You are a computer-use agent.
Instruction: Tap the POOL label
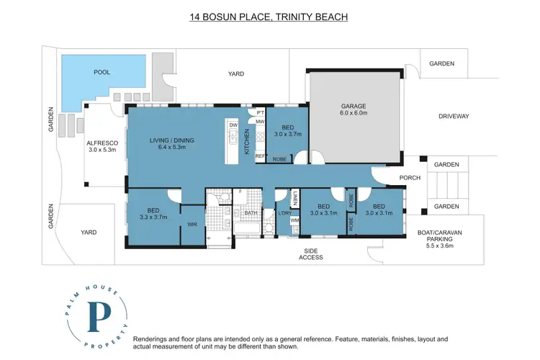[103, 73]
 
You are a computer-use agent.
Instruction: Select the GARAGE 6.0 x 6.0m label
[354, 110]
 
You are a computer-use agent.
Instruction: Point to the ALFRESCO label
[102, 147]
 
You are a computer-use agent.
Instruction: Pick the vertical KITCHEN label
[247, 147]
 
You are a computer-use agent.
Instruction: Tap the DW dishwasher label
[233, 125]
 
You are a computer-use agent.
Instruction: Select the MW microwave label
[260, 122]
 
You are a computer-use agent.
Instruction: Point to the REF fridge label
[259, 156]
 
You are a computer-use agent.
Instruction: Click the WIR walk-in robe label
[192, 225]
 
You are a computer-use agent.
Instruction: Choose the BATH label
[251, 213]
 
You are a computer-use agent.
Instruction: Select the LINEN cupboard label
[294, 197]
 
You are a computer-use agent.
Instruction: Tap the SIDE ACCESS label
[311, 253]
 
